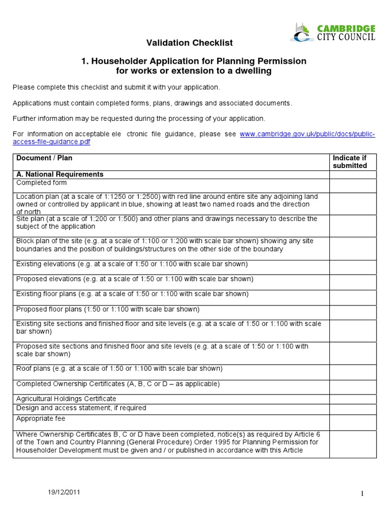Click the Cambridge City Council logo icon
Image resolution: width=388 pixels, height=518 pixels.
click(302, 32)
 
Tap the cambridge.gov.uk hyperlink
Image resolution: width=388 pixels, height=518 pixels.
click(307, 134)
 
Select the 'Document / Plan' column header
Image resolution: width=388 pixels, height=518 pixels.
click(44, 158)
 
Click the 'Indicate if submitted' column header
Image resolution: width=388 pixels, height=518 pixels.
click(350, 162)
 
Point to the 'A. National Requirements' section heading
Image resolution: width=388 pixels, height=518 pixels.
click(60, 175)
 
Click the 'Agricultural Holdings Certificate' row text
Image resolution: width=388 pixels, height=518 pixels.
click(66, 399)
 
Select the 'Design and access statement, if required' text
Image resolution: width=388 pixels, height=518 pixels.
click(81, 408)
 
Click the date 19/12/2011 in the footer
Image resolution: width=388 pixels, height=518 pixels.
click(64, 492)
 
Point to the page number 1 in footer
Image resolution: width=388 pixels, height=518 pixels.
click(363, 494)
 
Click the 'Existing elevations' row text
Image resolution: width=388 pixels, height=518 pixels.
click(132, 264)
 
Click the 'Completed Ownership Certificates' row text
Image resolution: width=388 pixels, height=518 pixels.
click(118, 384)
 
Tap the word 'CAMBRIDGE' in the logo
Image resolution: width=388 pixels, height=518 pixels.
click(346, 29)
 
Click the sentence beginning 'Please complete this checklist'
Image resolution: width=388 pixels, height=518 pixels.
click(116, 88)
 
